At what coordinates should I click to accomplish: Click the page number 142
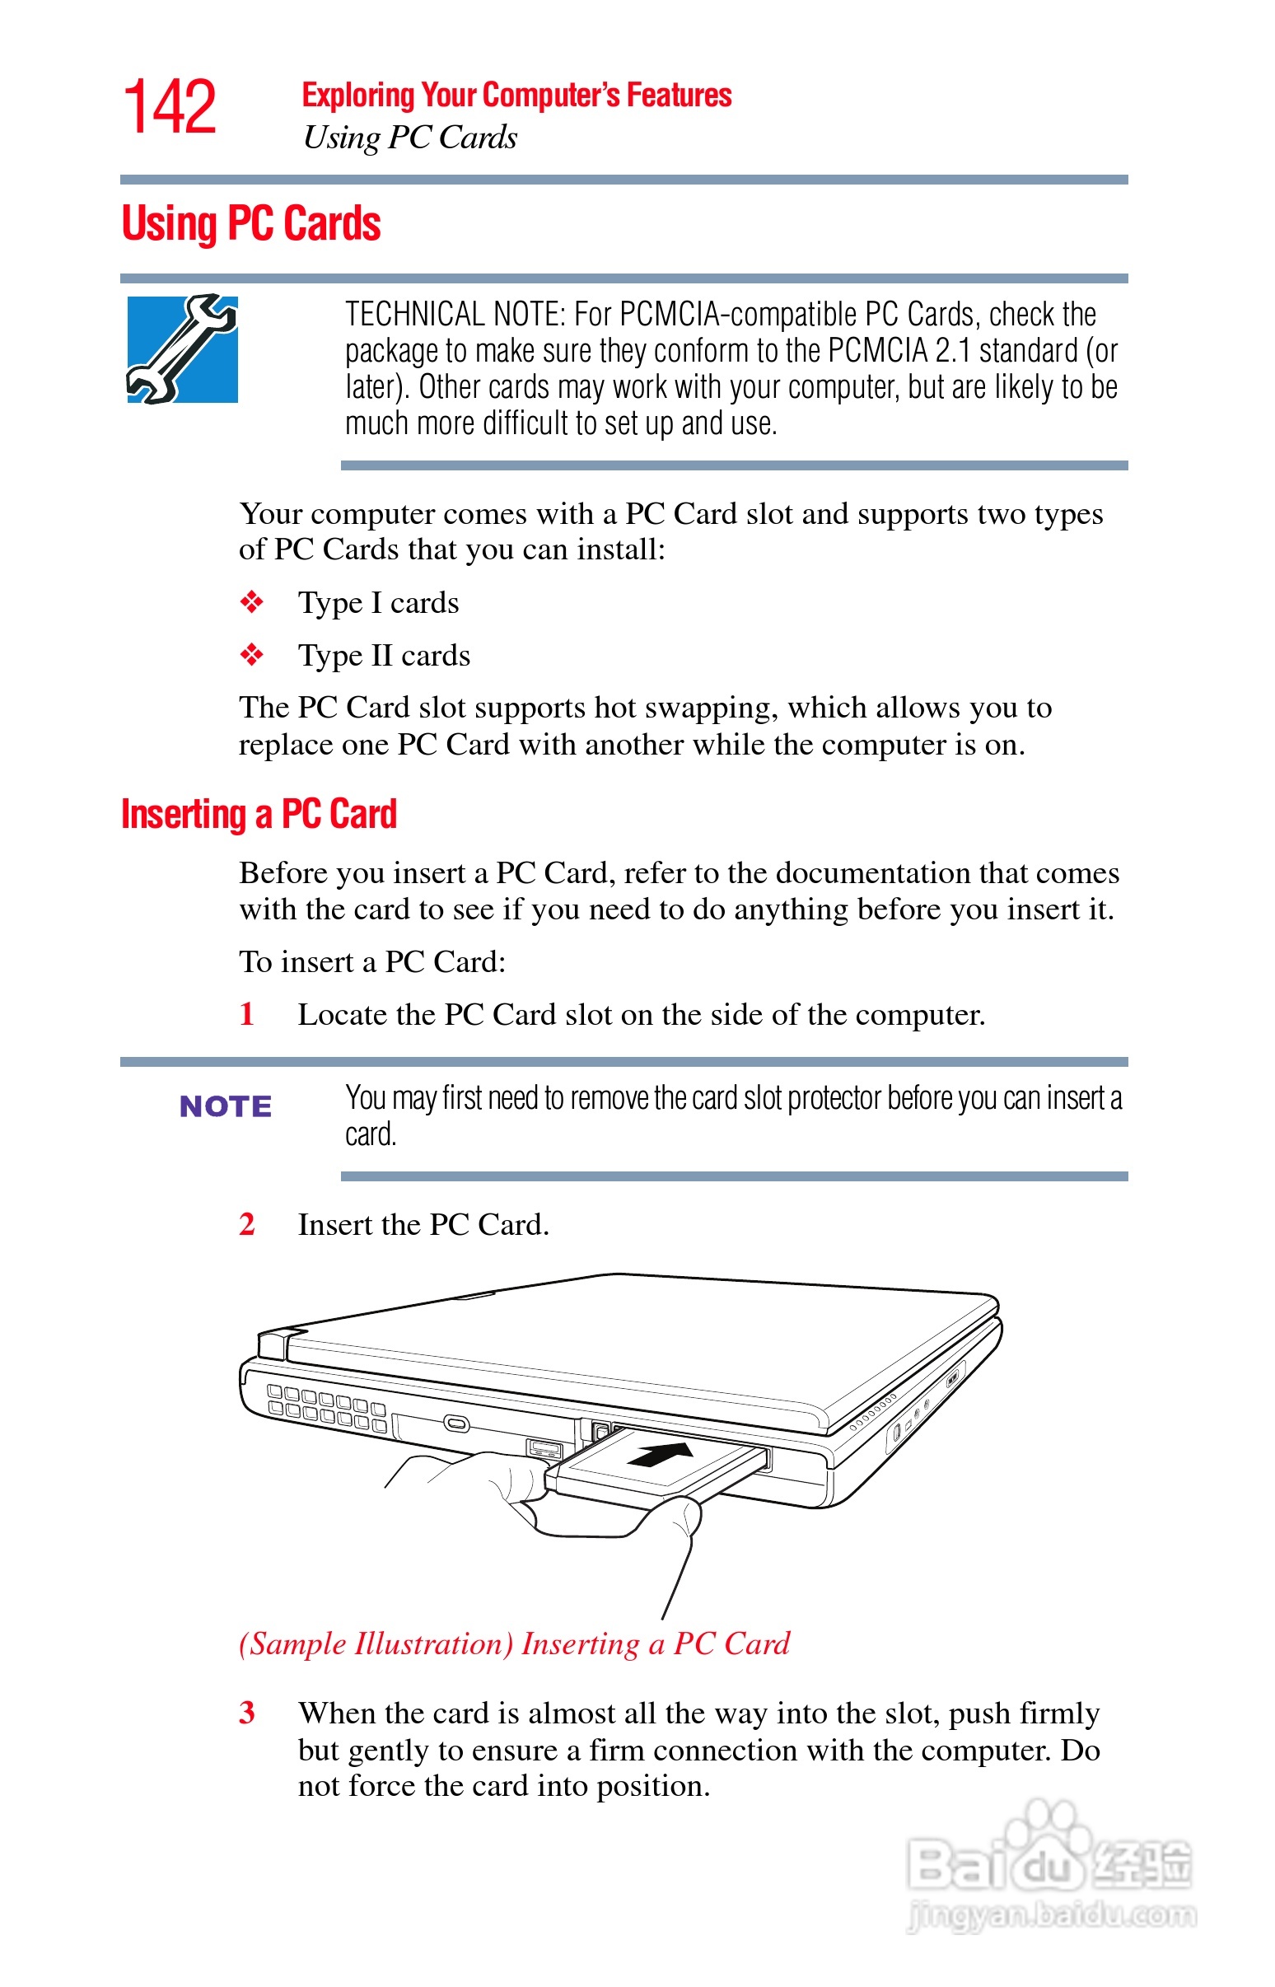tap(170, 108)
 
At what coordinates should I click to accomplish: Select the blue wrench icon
tap(182, 348)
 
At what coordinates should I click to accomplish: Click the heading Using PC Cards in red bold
tap(251, 224)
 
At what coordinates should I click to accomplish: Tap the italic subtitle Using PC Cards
tap(410, 138)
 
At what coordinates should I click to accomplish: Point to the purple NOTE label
tap(225, 1106)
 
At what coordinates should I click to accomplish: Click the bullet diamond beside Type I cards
tap(252, 602)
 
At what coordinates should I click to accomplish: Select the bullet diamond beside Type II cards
tap(252, 655)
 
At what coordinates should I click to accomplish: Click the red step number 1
tap(247, 1013)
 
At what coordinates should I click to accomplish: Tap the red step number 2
tap(247, 1223)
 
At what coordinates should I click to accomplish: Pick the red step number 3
tap(247, 1712)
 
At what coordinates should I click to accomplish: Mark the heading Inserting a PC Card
tap(259, 815)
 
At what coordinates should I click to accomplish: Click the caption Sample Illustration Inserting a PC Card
tap(514, 1643)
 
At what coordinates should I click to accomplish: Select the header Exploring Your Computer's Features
tap(516, 96)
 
